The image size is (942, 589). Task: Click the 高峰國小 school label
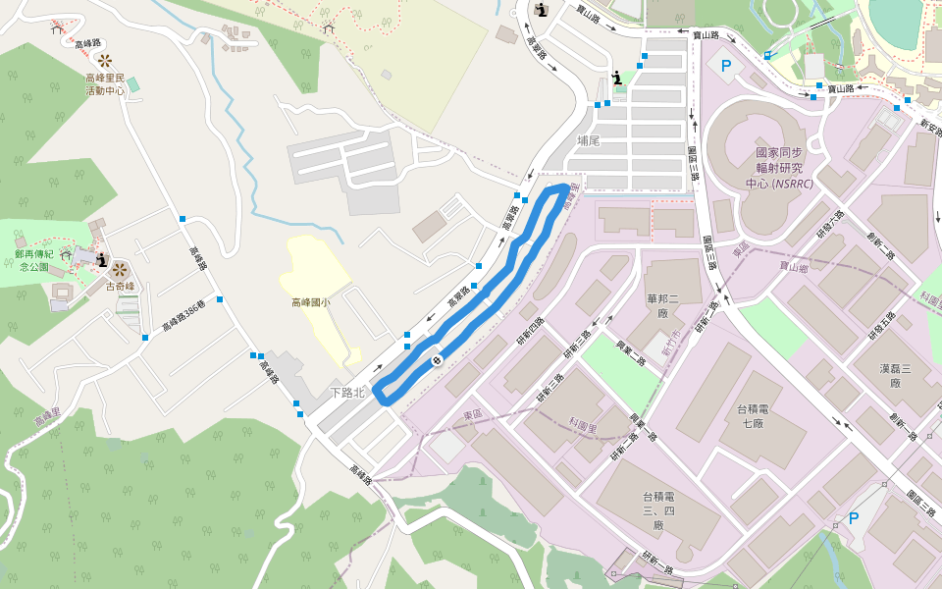(310, 303)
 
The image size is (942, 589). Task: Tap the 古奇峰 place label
(119, 288)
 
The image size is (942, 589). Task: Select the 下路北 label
(346, 393)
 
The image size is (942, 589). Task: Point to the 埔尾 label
(589, 140)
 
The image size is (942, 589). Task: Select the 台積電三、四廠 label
(659, 511)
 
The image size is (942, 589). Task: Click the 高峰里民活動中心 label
(104, 83)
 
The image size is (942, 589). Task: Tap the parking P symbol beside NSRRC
(726, 66)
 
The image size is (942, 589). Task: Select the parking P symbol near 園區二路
(853, 517)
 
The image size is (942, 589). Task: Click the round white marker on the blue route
(437, 360)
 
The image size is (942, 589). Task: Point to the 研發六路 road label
(829, 225)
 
